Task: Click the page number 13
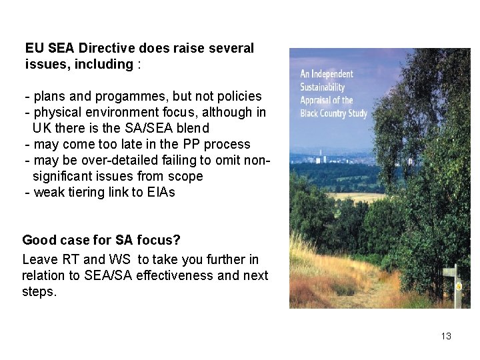click(x=446, y=336)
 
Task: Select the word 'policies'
click(x=239, y=96)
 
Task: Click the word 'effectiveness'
click(x=174, y=275)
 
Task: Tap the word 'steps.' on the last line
click(x=39, y=291)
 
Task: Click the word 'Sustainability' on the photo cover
click(x=322, y=87)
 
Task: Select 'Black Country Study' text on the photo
click(x=333, y=113)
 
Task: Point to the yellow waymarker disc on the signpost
click(x=458, y=286)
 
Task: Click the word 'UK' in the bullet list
click(x=41, y=128)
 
